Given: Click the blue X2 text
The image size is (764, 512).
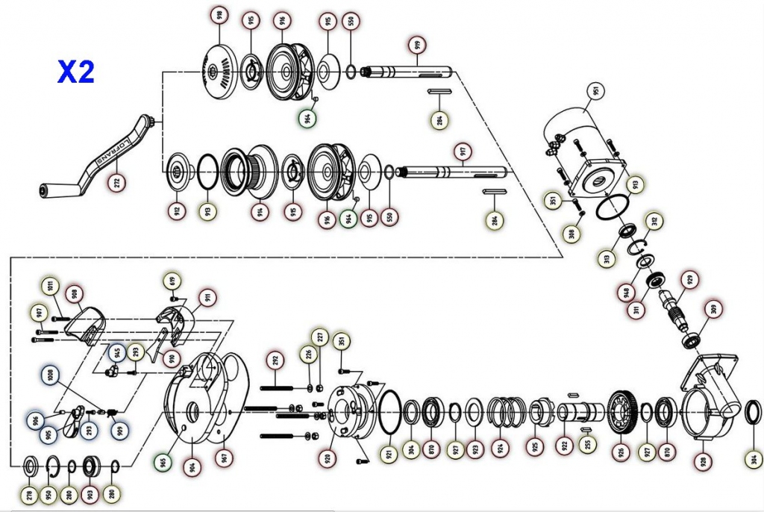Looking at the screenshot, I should (x=76, y=72).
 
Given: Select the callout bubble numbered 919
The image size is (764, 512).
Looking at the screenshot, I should (x=417, y=46).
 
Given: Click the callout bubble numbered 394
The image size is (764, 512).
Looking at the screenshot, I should (x=753, y=458).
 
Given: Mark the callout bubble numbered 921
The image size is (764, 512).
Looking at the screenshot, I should (x=389, y=453).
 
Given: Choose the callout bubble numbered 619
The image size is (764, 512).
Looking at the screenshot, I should (x=172, y=283).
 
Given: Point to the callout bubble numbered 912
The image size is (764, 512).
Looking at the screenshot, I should (x=177, y=210).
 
